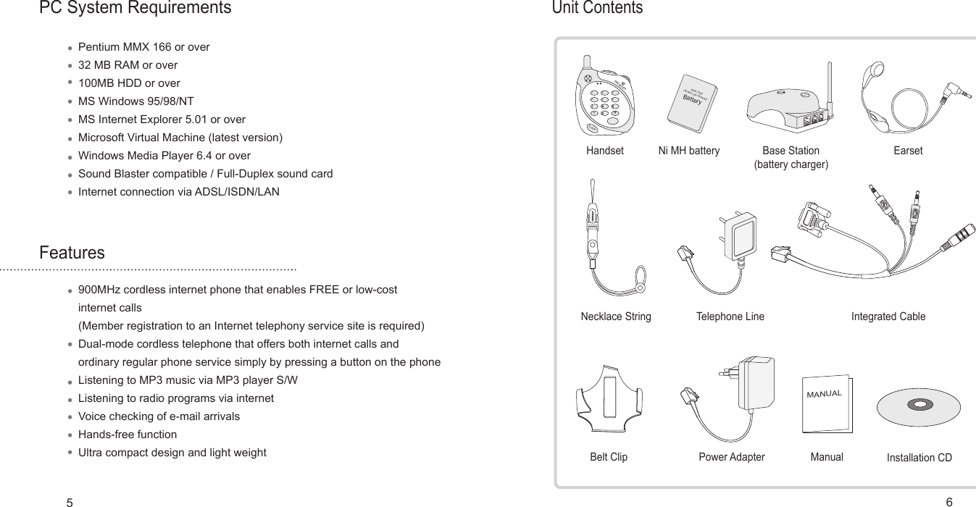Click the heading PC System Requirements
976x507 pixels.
tap(135, 9)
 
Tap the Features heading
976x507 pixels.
tap(72, 253)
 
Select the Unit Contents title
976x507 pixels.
tap(597, 8)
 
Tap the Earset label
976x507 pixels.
tap(908, 151)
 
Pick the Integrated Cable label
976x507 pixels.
tap(888, 317)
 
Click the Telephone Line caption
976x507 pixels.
tap(730, 317)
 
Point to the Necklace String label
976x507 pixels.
tap(616, 317)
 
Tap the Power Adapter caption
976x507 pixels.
tap(731, 457)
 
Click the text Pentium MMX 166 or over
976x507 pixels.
tap(143, 47)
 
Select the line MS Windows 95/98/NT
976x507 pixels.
tap(135, 101)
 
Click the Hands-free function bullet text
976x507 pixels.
tap(127, 435)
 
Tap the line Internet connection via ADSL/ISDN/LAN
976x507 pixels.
tap(178, 192)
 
